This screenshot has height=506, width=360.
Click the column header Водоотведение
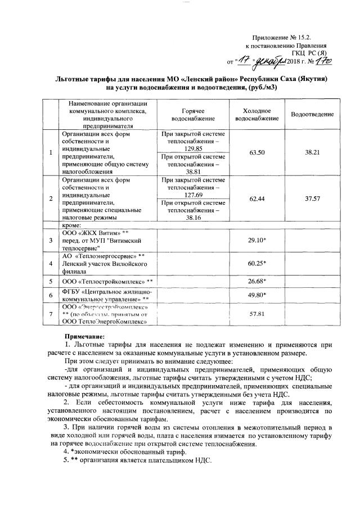pos(312,115)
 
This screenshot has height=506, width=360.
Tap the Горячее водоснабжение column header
pos(191,115)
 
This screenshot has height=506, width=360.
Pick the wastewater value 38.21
pos(312,152)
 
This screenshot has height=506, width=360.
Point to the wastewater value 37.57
pos(312,198)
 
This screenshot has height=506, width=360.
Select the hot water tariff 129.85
pos(193,148)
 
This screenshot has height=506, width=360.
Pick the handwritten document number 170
pos(323,60)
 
